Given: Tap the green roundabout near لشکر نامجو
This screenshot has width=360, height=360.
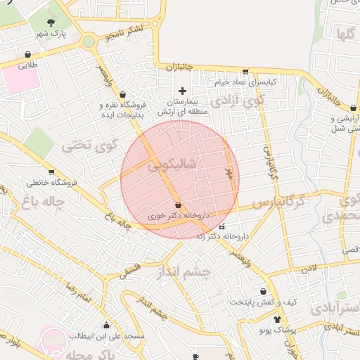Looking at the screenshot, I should [89, 41].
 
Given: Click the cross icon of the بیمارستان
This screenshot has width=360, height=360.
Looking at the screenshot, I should [183, 90].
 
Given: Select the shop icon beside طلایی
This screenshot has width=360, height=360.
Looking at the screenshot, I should [27, 53].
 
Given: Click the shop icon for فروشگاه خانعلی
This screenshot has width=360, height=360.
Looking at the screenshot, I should [51, 171].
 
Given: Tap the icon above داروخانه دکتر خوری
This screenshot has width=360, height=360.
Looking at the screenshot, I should [178, 205].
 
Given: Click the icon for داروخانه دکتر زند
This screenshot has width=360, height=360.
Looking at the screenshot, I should [223, 226].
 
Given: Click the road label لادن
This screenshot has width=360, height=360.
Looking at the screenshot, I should [309, 268].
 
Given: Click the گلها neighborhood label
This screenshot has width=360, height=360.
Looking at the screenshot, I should [345, 34].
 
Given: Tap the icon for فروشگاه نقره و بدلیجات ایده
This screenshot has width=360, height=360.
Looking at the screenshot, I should [123, 94].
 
